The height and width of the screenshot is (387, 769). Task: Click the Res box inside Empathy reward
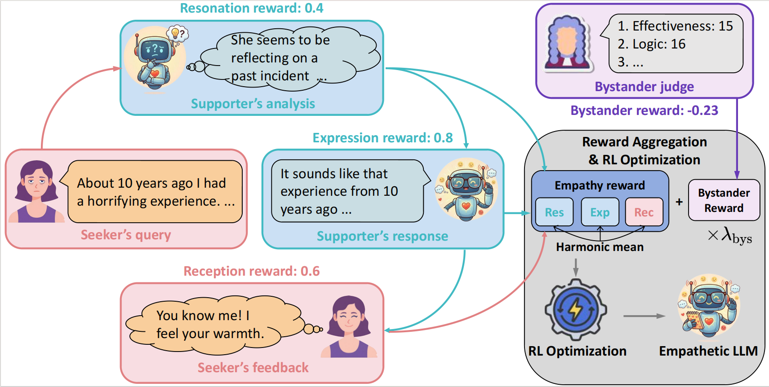pos(554,212)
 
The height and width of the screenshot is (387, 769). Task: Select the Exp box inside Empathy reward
pos(600,212)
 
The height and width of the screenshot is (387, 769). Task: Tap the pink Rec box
pos(644,212)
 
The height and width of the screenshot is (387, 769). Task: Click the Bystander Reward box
pos(724,200)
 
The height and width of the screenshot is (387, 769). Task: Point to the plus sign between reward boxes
pos(679,202)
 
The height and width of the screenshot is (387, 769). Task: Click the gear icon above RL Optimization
pos(576,309)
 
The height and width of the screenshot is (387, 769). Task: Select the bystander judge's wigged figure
pos(567,44)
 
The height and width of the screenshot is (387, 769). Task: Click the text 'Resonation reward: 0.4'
pos(252,8)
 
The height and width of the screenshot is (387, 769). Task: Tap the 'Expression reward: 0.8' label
pos(382,138)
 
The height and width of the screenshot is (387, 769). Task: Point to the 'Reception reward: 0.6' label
pos(252,271)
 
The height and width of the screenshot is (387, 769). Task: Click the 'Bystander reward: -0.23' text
pos(644,110)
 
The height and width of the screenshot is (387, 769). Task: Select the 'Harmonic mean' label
pos(600,247)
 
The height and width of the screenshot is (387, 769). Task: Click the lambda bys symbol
pos(730,235)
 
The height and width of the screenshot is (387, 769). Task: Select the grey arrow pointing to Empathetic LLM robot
pos(644,316)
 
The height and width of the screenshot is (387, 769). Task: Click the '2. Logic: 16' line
pos(651,44)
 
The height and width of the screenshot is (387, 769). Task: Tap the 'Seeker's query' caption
pos(126,235)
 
